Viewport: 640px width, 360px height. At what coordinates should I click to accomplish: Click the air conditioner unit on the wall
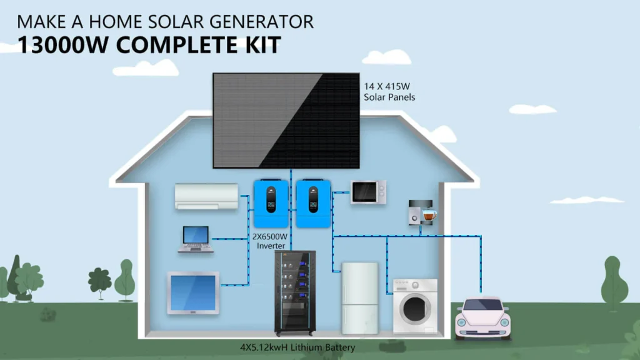pyautogui.click(x=206, y=196)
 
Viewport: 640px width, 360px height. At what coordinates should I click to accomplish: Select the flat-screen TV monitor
pyautogui.click(x=193, y=292)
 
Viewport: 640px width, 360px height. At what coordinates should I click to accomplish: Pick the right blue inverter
pyautogui.click(x=312, y=203)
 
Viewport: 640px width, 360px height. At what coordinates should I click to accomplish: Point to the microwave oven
pyautogui.click(x=368, y=192)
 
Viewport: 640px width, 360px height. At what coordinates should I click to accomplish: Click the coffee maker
pyautogui.click(x=421, y=212)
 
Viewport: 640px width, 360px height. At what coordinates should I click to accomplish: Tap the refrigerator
pyautogui.click(x=359, y=297)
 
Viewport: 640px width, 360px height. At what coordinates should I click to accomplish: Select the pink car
pyautogui.click(x=482, y=317)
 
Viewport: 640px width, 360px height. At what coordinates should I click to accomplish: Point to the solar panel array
pyautogui.click(x=286, y=121)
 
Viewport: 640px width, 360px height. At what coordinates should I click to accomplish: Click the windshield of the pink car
pyautogui.click(x=482, y=306)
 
